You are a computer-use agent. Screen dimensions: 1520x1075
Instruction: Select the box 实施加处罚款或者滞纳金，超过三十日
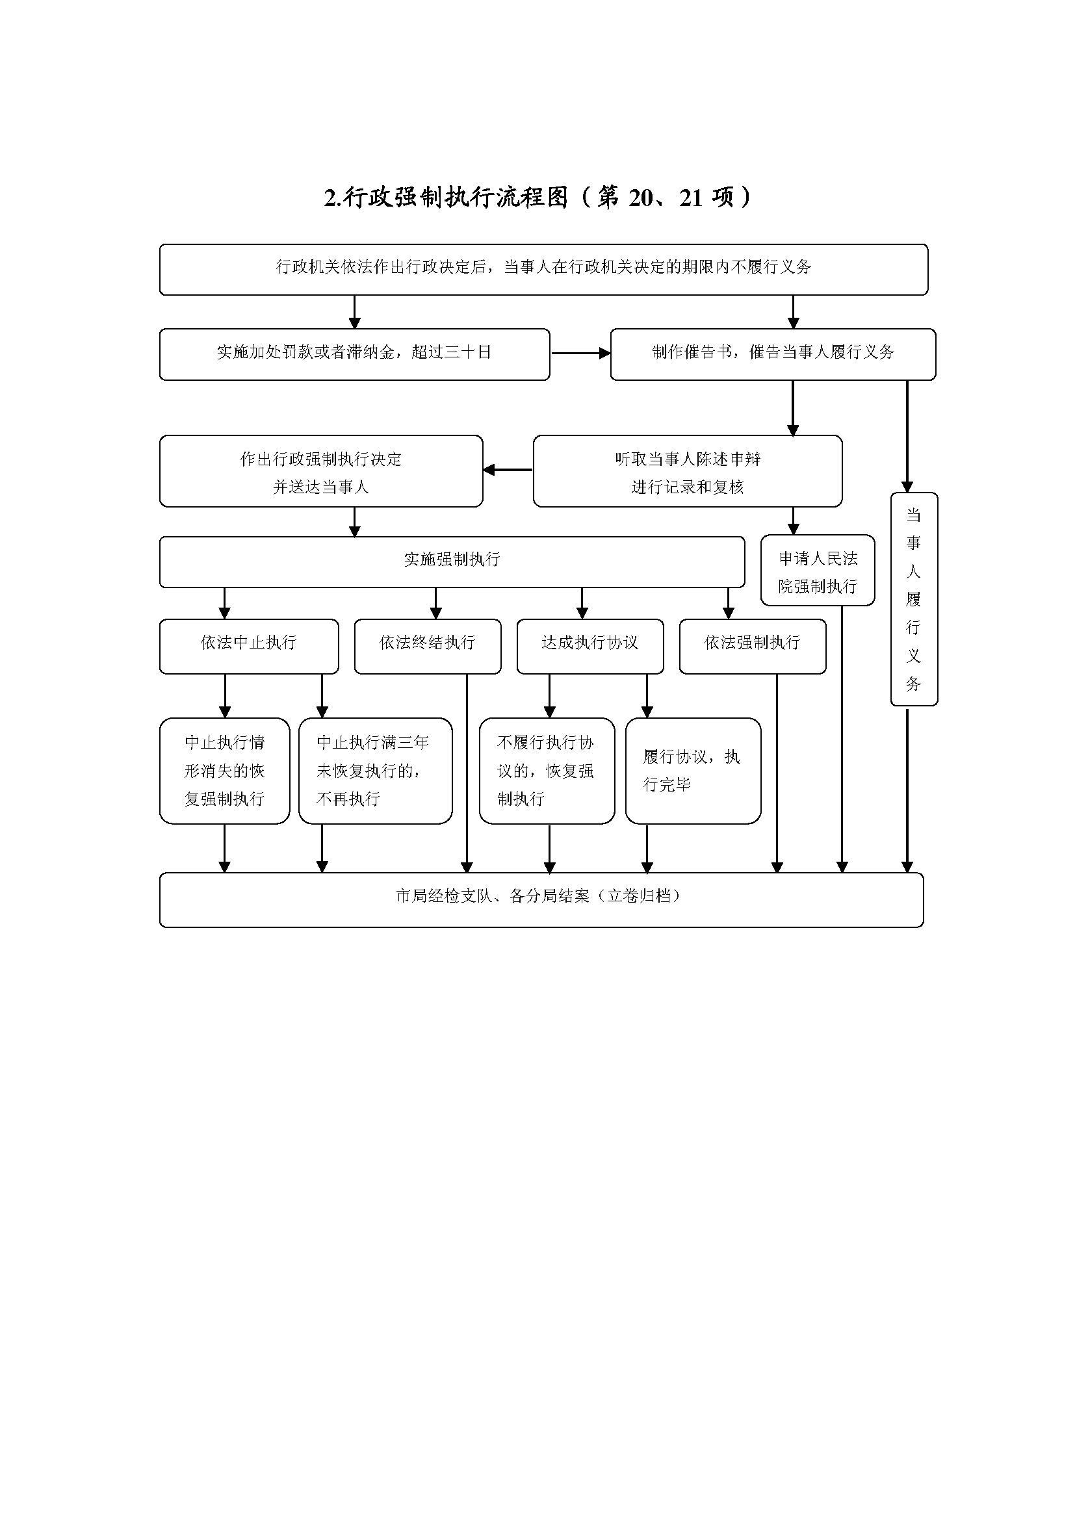[354, 354]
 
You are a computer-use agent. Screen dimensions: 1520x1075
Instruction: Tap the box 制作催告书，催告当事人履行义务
[773, 354]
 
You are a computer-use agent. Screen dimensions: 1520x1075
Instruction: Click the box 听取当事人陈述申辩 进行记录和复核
[687, 471]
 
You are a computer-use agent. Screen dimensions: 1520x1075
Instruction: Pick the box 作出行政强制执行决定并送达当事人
[321, 471]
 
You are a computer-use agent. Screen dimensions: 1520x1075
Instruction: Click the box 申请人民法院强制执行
[818, 571]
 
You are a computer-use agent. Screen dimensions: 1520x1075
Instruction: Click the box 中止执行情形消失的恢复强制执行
[224, 771]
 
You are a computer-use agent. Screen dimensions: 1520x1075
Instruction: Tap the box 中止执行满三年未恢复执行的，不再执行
[374, 771]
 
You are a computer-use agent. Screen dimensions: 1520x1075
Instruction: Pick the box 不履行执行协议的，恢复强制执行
[547, 771]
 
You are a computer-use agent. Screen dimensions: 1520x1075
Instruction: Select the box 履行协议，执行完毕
[692, 771]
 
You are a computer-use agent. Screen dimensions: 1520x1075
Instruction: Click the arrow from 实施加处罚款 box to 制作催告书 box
[580, 354]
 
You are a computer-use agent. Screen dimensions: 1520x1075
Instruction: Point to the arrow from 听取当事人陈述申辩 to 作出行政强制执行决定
[508, 470]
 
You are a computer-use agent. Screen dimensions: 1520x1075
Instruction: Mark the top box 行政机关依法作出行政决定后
[543, 269]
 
